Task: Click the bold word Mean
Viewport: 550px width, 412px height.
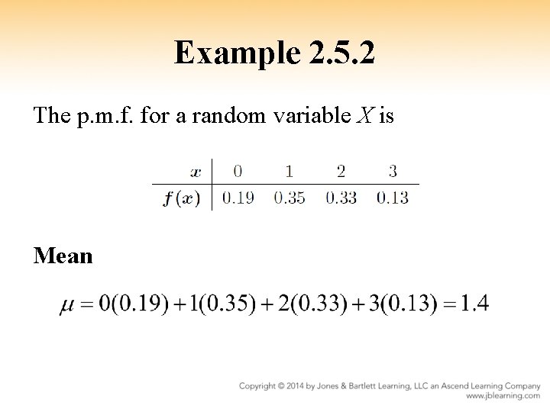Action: [63, 256]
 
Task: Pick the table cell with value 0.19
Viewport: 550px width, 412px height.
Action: [238, 198]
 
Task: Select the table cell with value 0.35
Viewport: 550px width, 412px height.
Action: [289, 198]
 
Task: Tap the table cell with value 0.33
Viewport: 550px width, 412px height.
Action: [341, 198]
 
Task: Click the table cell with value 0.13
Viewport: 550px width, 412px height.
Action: [392, 198]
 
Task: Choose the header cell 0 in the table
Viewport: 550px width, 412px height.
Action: [238, 170]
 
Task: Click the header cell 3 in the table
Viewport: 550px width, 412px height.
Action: [392, 170]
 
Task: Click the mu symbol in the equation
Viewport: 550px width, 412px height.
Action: [67, 306]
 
